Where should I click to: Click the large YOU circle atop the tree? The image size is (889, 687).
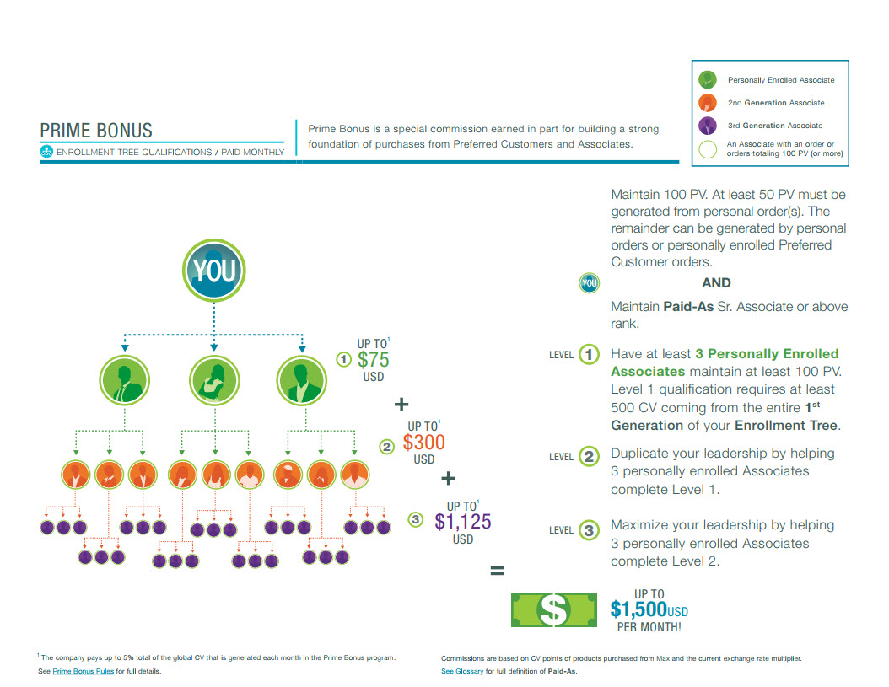(x=214, y=271)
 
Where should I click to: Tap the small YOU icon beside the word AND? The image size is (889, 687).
(x=589, y=283)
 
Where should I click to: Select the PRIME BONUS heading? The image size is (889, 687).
(x=96, y=131)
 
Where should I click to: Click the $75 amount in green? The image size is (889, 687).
(x=373, y=360)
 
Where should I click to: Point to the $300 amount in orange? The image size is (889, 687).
(x=423, y=443)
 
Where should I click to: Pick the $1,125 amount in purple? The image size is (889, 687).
(x=463, y=522)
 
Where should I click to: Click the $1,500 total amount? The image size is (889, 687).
(x=638, y=609)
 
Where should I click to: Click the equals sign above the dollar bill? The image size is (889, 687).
(x=498, y=572)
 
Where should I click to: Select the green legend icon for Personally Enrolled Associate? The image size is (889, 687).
(x=708, y=80)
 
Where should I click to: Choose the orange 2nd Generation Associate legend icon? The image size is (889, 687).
(x=708, y=103)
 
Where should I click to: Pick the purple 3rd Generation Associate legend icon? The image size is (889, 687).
(x=708, y=126)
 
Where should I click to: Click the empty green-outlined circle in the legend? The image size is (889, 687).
(x=709, y=149)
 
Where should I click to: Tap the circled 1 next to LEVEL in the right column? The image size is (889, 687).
(x=590, y=355)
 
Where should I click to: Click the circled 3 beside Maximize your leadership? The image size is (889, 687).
(x=590, y=530)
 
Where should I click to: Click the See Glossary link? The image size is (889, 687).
(x=462, y=672)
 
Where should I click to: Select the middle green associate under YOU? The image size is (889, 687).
(x=214, y=379)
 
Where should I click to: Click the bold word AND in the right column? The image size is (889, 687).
(x=716, y=283)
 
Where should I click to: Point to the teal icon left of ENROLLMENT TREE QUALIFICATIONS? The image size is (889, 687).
(x=46, y=153)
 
